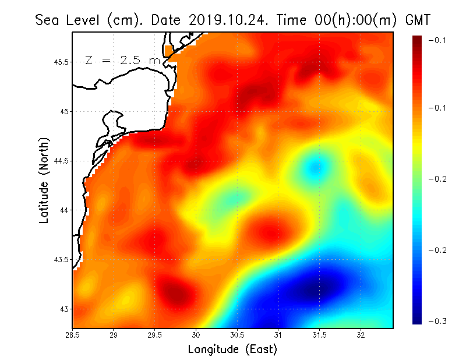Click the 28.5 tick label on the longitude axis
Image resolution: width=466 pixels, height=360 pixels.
(x=73, y=336)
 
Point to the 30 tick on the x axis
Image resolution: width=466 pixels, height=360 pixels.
(x=196, y=336)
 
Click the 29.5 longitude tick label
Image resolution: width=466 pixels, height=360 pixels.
(x=155, y=336)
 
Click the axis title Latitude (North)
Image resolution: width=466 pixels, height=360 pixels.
(x=44, y=180)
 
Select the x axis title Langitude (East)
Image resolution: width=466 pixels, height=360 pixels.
(x=232, y=350)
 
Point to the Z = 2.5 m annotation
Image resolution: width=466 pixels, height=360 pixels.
(x=122, y=60)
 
